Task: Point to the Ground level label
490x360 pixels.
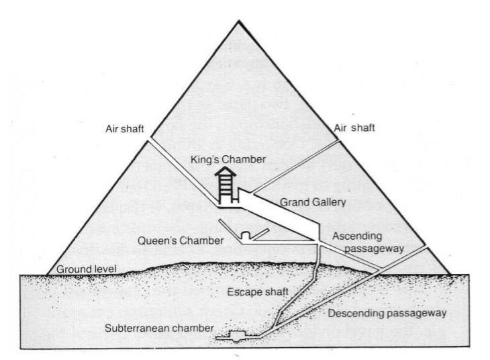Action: [85, 269]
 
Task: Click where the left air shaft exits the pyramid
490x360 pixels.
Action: [148, 139]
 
